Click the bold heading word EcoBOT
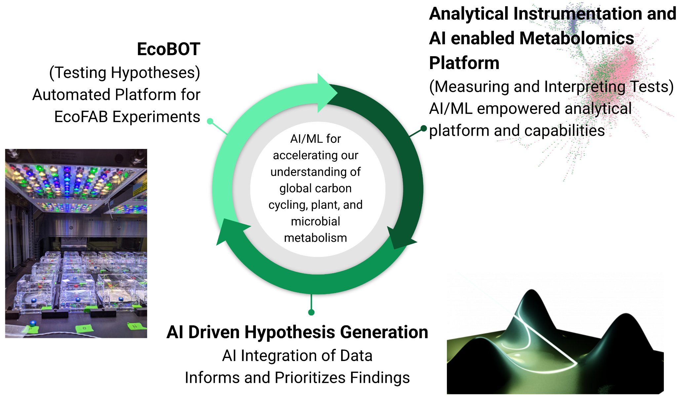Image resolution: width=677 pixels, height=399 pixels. (169, 49)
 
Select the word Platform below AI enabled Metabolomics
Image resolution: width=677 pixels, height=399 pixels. (464, 63)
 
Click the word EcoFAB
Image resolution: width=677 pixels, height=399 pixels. (81, 117)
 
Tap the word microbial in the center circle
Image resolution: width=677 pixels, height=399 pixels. (315, 221)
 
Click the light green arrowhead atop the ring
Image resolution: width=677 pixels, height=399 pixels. (327, 93)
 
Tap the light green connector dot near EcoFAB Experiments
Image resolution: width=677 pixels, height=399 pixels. (210, 121)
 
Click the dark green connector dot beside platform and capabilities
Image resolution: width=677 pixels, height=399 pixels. (423, 128)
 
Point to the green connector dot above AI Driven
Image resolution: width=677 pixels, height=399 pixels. (311, 312)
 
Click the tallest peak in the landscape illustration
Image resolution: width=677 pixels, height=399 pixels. (532, 293)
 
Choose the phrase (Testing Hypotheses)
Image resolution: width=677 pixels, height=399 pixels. (125, 73)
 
